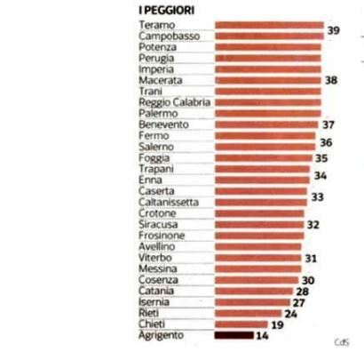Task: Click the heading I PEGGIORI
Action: point(167,11)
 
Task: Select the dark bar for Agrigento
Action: point(234,335)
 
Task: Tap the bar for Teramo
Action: point(269,25)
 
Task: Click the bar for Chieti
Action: point(241,324)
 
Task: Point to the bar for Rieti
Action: point(249,313)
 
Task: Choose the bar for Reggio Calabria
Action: point(268,102)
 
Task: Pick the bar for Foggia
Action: point(264,158)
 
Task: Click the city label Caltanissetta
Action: point(169,203)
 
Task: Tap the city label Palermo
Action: point(158,114)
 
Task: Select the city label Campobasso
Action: point(170,36)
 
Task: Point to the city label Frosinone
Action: point(162,236)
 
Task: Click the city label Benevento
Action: point(163,124)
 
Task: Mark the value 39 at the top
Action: point(333,30)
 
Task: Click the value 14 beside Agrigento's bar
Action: point(262,336)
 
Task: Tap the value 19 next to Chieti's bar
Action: point(277,325)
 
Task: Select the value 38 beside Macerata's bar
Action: point(331,80)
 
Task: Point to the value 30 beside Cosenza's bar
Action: point(308,280)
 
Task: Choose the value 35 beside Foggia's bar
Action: point(321,158)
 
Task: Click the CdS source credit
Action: point(342,342)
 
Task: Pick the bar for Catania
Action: point(254,292)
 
